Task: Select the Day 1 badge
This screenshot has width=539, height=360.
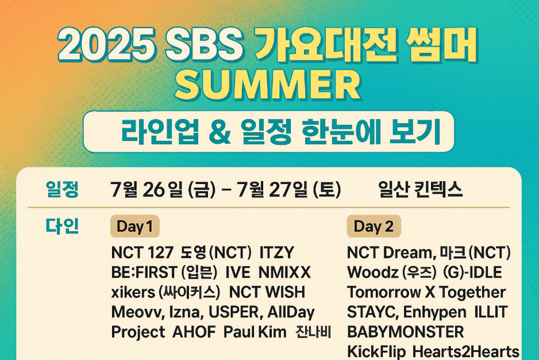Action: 134,227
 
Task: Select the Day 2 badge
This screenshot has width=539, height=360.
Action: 374,227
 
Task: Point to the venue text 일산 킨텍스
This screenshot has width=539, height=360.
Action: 421,190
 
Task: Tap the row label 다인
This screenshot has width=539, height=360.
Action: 61,226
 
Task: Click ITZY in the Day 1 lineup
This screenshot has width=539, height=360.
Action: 277,252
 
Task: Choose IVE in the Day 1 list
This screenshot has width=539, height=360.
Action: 238,272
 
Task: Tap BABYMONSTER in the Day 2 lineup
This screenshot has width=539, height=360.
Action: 405,332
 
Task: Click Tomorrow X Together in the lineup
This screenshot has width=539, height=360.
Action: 426,292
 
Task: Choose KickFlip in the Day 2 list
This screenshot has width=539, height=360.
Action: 376,351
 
